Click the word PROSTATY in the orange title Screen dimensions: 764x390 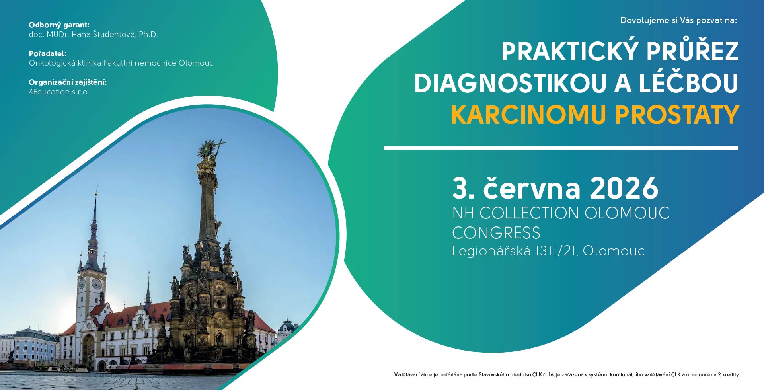pos(677,115)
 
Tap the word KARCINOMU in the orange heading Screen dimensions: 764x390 pos(528,115)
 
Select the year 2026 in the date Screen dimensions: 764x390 pos(624,188)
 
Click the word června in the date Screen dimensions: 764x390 pos(532,188)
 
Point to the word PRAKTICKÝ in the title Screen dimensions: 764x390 pos(569,52)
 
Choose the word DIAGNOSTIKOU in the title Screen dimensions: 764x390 pos(510,83)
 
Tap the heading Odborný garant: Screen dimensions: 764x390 pos(59,25)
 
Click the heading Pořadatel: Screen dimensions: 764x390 pos(48,53)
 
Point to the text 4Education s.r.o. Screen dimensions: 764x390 pos(59,92)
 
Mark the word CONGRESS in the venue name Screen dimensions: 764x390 pos(496,233)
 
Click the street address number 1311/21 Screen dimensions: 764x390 pos(556,251)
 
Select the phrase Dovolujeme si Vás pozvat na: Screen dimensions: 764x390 pos(678,20)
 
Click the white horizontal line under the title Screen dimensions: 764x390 pos(561,148)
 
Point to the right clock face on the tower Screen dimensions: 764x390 pos(97,283)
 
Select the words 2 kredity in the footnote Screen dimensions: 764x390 pos(729,375)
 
